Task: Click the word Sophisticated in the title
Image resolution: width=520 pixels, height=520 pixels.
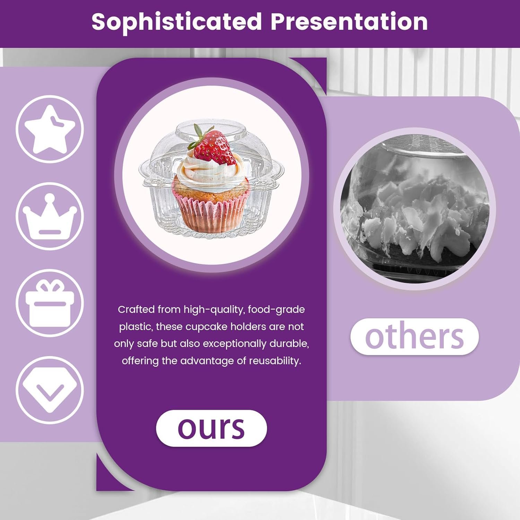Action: pos(177,22)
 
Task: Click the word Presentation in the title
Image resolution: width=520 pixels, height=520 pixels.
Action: pos(349,22)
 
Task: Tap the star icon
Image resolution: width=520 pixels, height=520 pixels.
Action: pos(50,129)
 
